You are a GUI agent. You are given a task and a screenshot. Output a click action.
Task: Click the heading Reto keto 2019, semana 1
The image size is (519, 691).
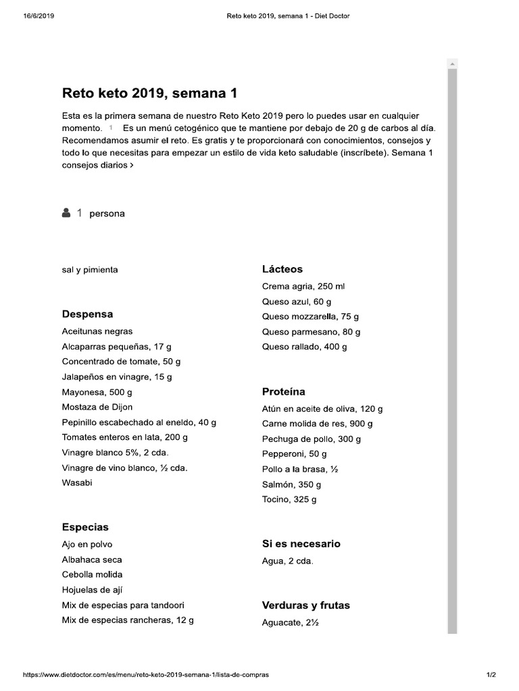click(x=149, y=93)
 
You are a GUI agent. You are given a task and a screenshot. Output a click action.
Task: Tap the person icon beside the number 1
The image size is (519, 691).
click(x=66, y=213)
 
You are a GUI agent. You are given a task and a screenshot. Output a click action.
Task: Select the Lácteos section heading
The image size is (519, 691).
click(x=282, y=269)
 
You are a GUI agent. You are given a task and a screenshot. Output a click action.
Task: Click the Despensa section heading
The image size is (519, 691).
click(x=87, y=314)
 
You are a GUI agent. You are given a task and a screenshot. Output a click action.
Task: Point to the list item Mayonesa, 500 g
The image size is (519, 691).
click(x=97, y=392)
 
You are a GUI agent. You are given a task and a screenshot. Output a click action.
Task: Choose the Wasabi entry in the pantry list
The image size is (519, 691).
click(x=77, y=482)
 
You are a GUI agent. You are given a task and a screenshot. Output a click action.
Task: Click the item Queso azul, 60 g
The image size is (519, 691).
click(x=297, y=302)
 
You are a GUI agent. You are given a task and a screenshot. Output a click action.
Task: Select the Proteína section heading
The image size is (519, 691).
click(x=283, y=392)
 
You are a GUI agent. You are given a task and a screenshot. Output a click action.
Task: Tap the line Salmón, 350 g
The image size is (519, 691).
click(x=291, y=485)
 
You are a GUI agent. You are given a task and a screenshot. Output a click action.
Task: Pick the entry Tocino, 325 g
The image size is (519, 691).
click(x=289, y=500)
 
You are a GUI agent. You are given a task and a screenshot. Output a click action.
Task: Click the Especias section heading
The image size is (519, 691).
click(x=85, y=528)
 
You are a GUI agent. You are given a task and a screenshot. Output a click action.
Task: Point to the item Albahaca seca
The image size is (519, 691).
click(x=92, y=559)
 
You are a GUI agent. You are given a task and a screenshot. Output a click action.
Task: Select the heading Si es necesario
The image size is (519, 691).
click(x=301, y=544)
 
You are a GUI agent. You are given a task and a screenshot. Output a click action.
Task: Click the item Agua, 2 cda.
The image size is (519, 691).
click(x=287, y=561)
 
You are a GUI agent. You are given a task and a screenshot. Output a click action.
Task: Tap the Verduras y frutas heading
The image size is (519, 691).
click(x=305, y=605)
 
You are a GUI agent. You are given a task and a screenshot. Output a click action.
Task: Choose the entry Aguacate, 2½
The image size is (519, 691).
click(x=290, y=623)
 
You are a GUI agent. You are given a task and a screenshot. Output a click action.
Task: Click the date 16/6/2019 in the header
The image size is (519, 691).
click(x=39, y=17)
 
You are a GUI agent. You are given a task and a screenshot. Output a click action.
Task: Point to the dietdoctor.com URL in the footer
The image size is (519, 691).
click(x=146, y=674)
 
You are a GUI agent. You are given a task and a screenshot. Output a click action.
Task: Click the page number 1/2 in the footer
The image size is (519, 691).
click(x=491, y=674)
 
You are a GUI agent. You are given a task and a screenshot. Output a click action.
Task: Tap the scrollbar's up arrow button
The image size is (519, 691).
click(x=452, y=63)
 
